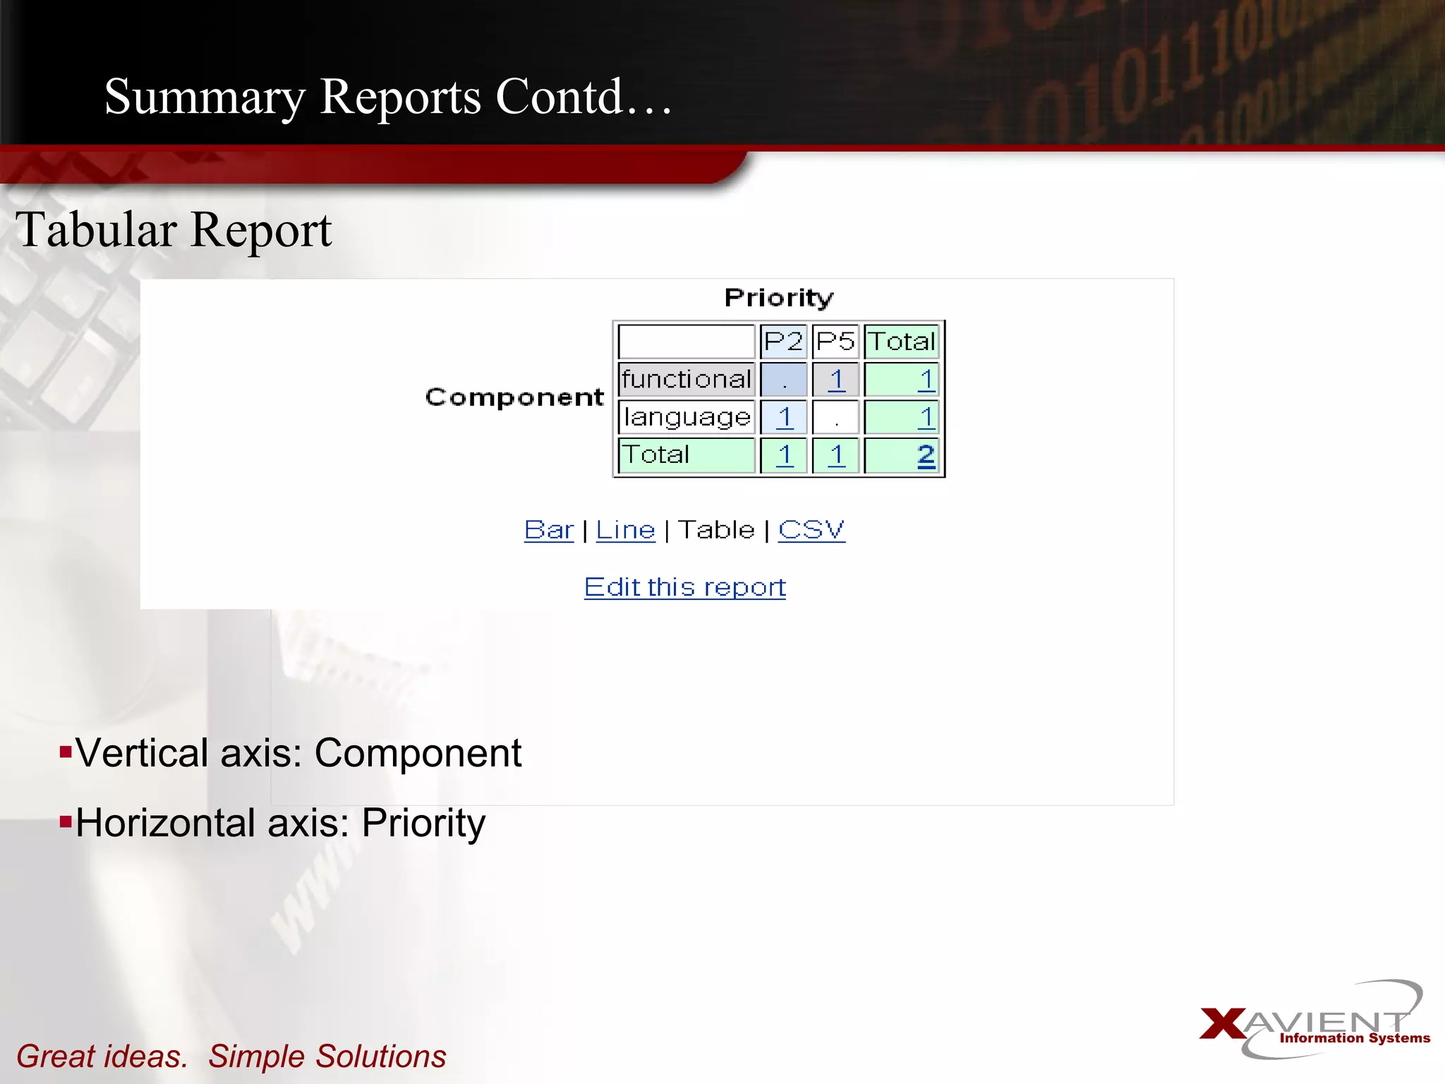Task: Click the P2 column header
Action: [783, 342]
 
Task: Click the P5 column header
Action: [835, 342]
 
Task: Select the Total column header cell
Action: [901, 342]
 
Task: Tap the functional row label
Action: [687, 379]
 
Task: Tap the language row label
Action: [687, 417]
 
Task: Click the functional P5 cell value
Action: [837, 380]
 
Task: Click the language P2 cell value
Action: [785, 417]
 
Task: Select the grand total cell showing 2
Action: [926, 455]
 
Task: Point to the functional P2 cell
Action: [783, 380]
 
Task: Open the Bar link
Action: [549, 529]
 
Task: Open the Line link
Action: [625, 529]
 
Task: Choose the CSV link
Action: [811, 529]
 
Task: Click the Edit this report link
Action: [684, 587]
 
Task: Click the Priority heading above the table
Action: [779, 298]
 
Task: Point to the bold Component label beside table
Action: [514, 397]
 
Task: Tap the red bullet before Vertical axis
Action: [66, 751]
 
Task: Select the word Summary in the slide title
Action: [205, 97]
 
